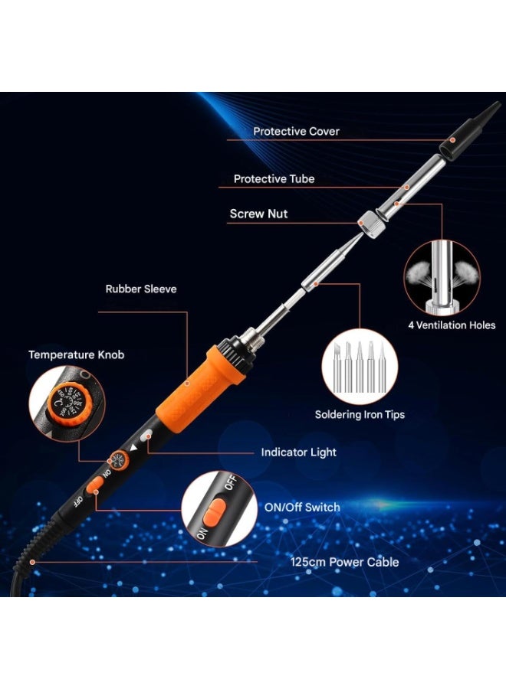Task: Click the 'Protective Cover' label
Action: (296, 131)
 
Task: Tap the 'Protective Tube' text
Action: (274, 179)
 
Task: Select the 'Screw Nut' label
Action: (258, 214)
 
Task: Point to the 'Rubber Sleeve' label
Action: (141, 289)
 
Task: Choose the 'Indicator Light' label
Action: (298, 452)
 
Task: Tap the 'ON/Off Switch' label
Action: (301, 507)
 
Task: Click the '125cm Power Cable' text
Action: (344, 561)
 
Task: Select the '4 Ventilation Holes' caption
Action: (451, 325)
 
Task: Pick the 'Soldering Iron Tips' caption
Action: (360, 414)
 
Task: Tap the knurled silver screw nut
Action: (373, 226)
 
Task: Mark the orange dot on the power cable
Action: (32, 562)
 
